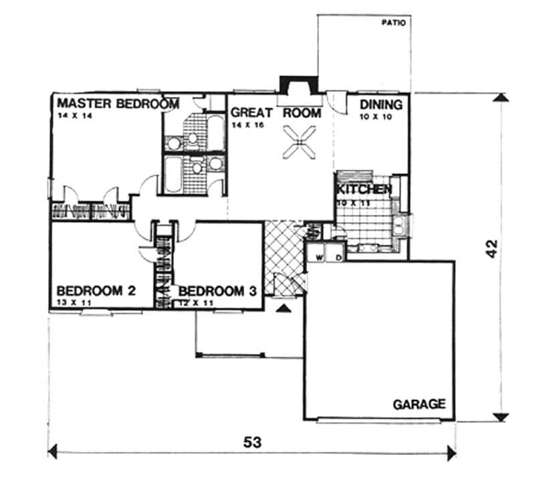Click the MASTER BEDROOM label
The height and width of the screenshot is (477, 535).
(118, 104)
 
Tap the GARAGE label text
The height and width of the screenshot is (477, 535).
(419, 404)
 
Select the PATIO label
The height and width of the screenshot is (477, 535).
(394, 22)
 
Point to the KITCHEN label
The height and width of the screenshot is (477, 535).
(363, 189)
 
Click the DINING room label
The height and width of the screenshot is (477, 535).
(381, 104)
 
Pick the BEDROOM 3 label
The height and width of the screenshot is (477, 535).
(218, 291)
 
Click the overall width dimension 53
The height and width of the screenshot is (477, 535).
(252, 442)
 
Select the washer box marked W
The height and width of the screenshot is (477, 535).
(319, 256)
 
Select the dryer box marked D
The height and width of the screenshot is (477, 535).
(338, 256)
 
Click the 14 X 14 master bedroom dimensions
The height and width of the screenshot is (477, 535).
(73, 116)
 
